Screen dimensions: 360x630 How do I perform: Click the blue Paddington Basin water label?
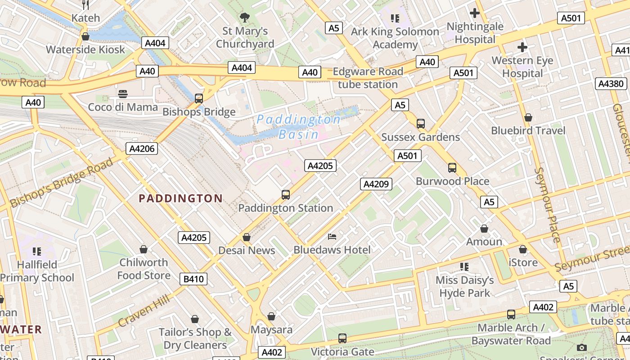[299, 126]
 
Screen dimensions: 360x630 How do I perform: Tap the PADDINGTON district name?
[180, 198]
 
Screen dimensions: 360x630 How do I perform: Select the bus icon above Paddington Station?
[286, 195]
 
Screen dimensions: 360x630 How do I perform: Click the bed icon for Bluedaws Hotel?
[332, 237]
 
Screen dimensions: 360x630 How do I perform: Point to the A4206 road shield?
[142, 149]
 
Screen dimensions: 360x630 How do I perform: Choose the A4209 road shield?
[376, 184]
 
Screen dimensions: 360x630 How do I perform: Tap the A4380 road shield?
[611, 83]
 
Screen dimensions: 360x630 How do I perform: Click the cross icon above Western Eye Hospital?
[522, 47]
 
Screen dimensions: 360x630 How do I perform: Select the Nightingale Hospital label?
[475, 33]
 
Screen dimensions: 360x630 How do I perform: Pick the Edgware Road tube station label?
[368, 78]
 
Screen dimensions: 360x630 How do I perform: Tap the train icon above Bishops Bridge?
[198, 99]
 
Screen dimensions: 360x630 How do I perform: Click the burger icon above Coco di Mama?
[123, 94]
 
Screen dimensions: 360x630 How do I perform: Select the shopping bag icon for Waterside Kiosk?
[85, 36]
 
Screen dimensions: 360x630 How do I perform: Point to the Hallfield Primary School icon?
[37, 251]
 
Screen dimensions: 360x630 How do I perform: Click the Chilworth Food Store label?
[144, 269]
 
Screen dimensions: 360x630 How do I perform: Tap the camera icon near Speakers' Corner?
[582, 347]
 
